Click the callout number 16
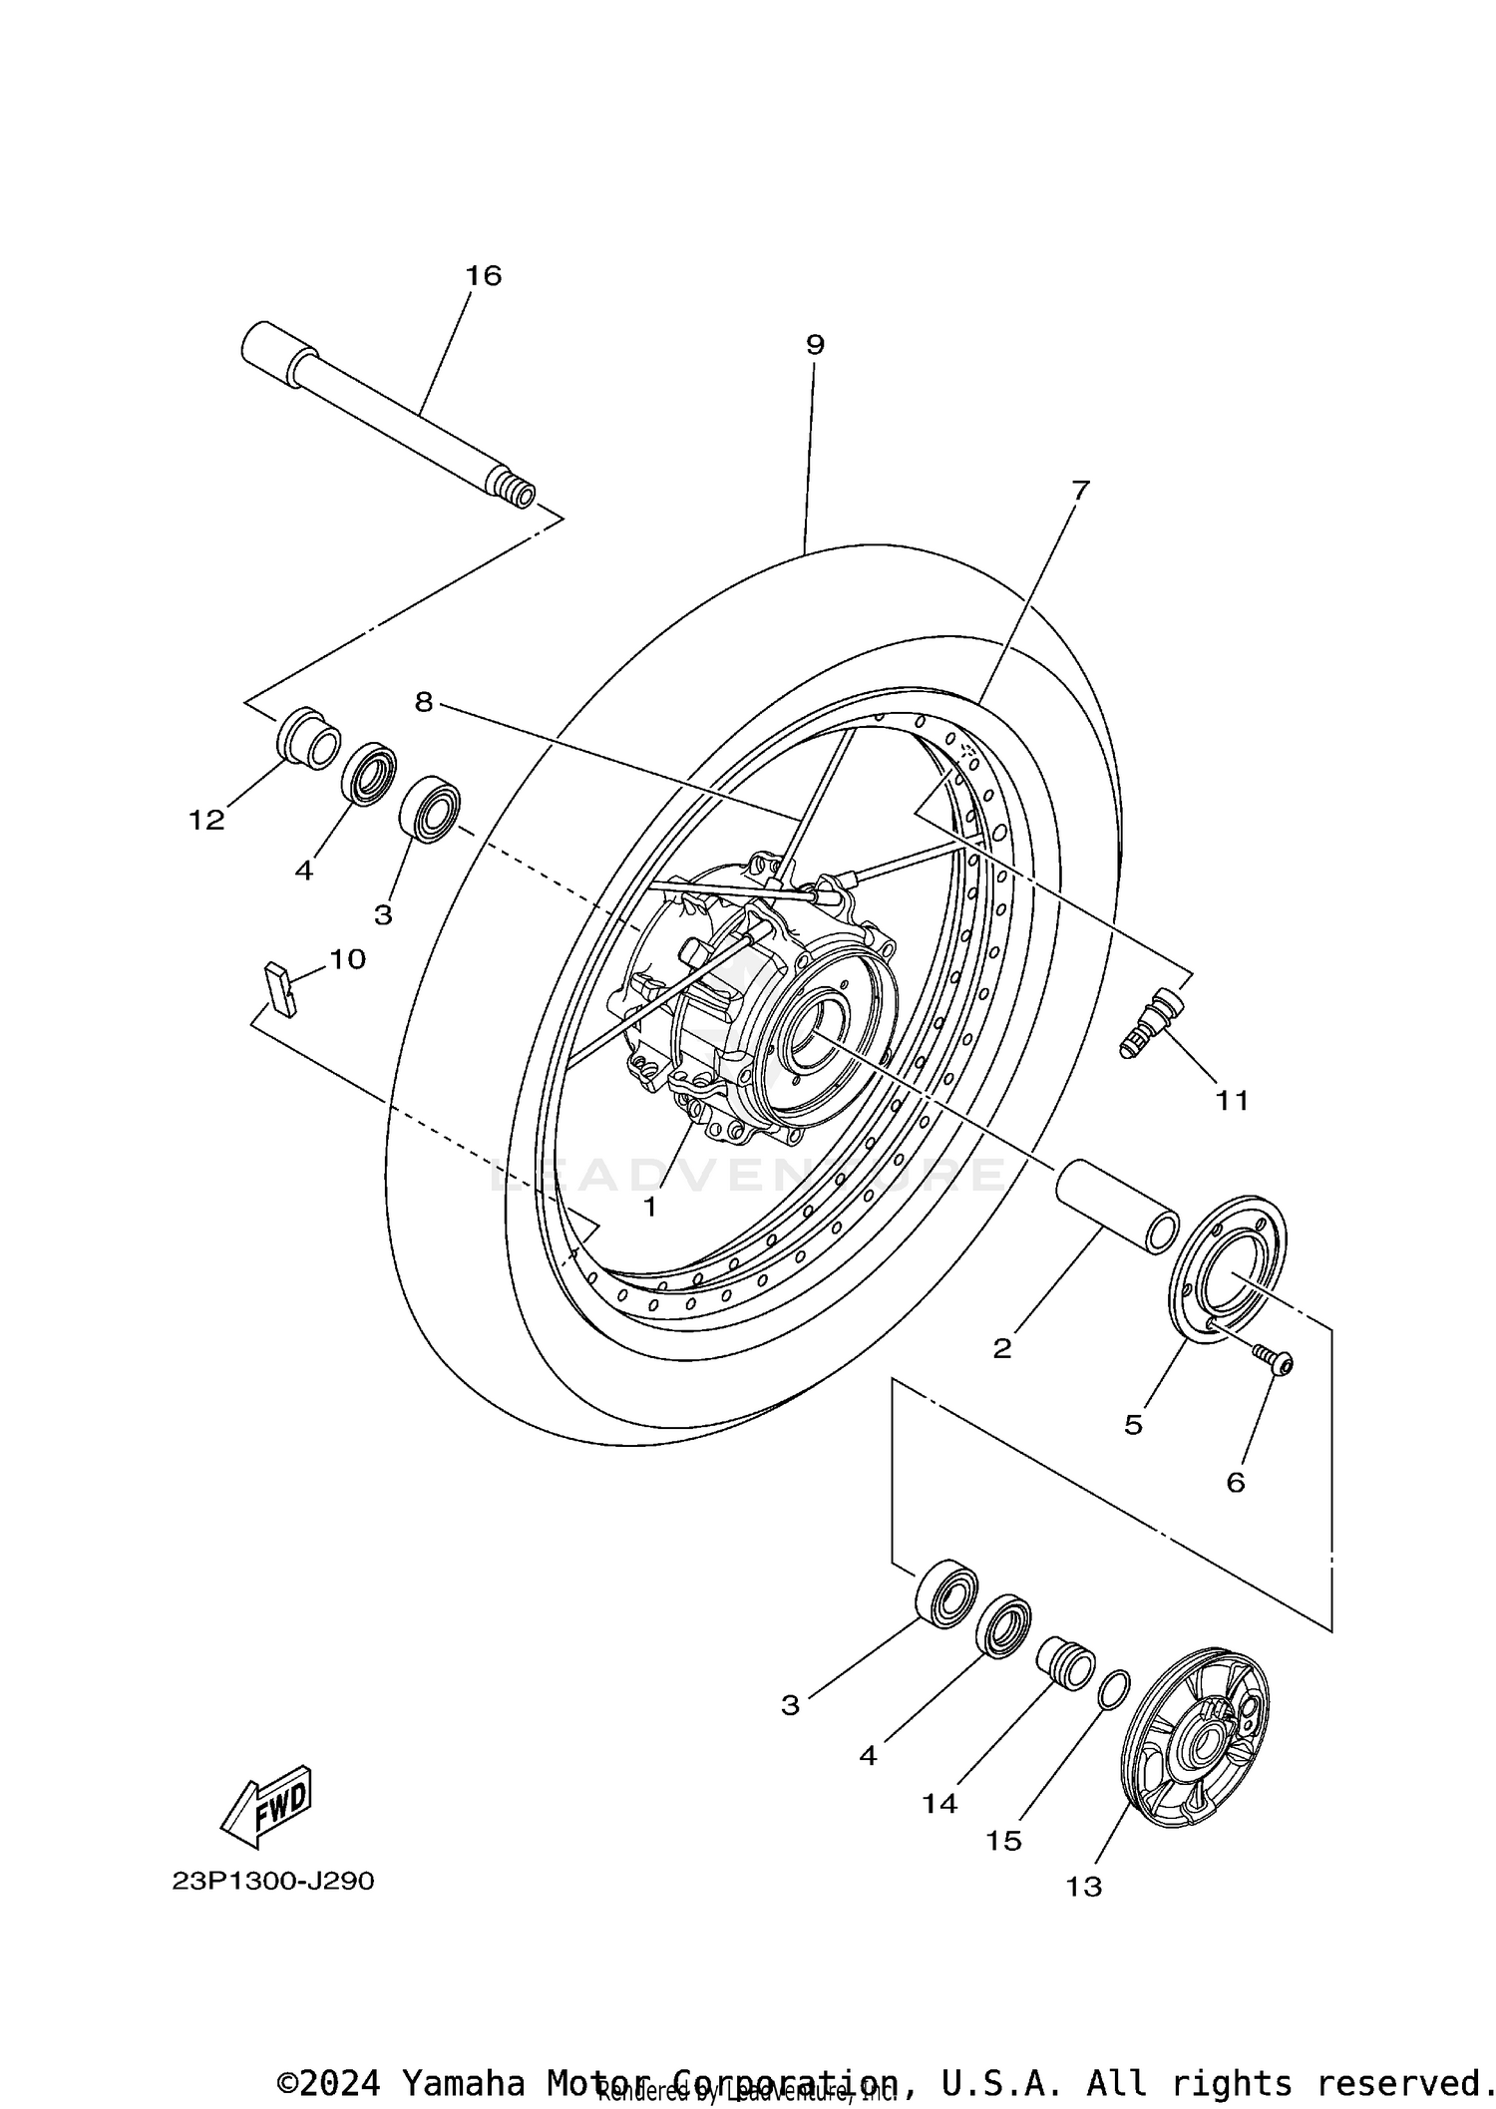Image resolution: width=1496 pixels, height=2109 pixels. (x=484, y=276)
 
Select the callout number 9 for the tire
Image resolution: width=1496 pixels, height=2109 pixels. (x=815, y=345)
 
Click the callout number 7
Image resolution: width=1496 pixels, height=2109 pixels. (x=1080, y=490)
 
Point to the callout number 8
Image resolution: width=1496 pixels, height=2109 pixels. (x=424, y=703)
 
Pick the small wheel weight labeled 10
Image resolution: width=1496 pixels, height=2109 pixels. (x=280, y=988)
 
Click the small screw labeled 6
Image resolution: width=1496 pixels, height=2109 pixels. (x=1274, y=1360)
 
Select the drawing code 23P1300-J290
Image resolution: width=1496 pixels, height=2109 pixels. (x=272, y=1882)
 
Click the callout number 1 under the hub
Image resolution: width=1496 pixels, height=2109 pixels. (x=649, y=1207)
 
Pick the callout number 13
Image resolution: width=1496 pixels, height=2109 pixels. (x=1084, y=1887)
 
